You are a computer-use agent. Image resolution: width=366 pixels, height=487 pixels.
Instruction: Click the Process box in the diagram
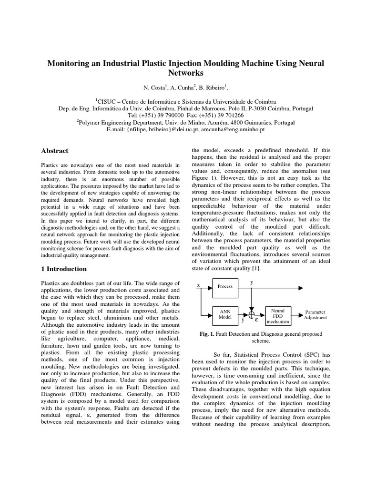(225, 286)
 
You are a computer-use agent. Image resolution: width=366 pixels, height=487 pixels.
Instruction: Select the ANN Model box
(225, 313)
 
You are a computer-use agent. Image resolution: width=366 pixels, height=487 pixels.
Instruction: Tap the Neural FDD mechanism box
(278, 314)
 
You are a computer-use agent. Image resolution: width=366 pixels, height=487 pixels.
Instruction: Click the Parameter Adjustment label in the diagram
(315, 314)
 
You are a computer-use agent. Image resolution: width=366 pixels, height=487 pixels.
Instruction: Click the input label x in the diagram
(198, 285)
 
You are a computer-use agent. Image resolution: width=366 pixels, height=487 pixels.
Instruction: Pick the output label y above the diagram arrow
(252, 282)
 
